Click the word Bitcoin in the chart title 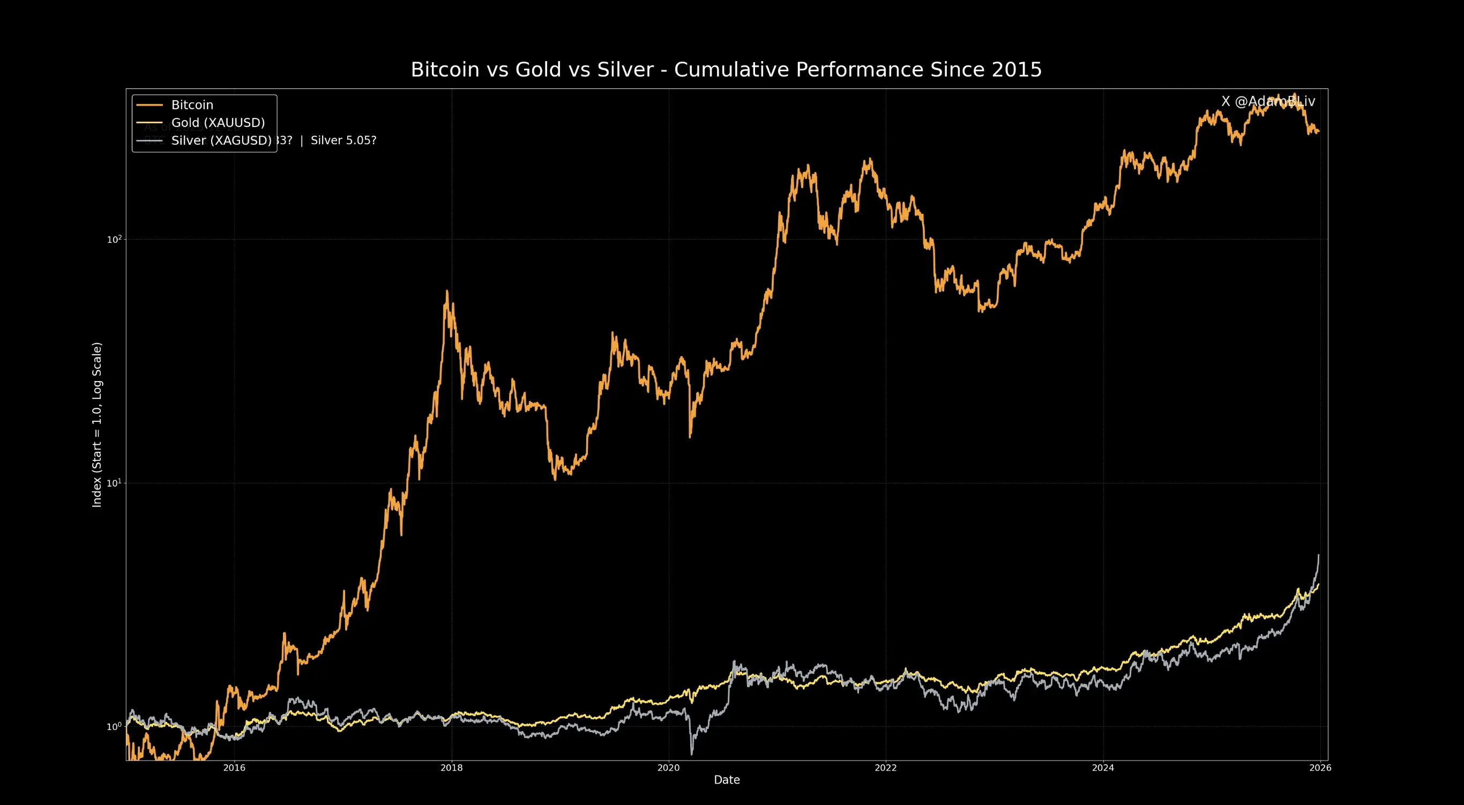[445, 69]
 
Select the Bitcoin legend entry [192, 105]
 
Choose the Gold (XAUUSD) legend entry [218, 122]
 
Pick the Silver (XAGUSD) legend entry [221, 140]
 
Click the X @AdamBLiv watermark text [1268, 101]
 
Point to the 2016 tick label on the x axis [234, 768]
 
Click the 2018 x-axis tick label [452, 768]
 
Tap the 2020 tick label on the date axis [668, 768]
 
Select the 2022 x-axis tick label [885, 768]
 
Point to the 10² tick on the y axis [114, 240]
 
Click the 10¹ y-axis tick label [114, 483]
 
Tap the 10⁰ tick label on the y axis [114, 727]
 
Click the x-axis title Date [727, 780]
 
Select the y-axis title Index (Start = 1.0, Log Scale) [97, 424]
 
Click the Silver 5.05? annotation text [343, 140]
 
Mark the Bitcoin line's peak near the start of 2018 [447, 291]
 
